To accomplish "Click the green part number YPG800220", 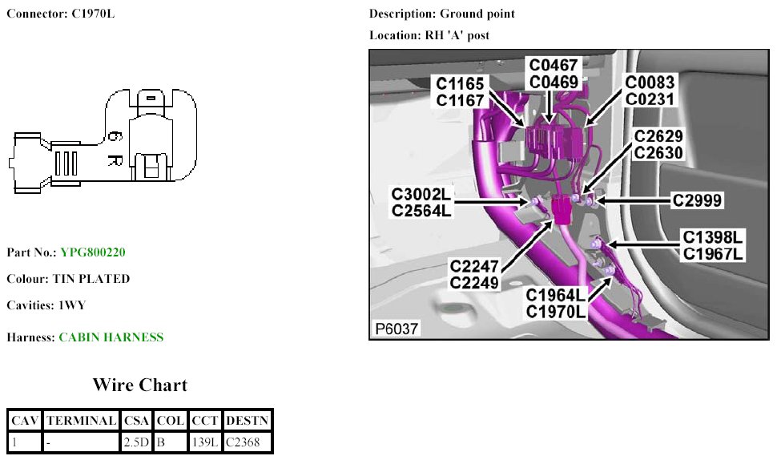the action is (x=93, y=252).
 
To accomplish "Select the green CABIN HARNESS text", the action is (x=111, y=337).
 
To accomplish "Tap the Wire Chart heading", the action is (x=139, y=385).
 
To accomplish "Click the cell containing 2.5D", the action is (x=136, y=442).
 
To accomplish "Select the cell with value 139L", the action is (x=205, y=442).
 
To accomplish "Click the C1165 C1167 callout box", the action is (x=461, y=91).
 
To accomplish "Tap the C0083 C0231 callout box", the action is (x=650, y=91).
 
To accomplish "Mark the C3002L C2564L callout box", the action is (x=421, y=203).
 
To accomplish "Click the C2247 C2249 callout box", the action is (x=474, y=274).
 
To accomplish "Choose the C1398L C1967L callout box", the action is (x=713, y=244).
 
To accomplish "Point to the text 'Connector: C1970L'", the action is (x=61, y=14).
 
